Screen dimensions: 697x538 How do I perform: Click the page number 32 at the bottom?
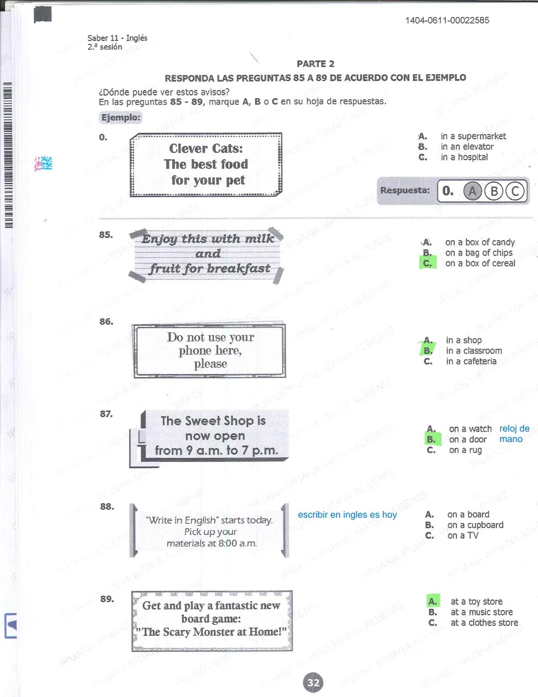tap(313, 683)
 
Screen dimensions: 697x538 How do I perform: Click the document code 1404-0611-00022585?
tap(447, 20)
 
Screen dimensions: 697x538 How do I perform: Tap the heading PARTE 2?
tap(315, 64)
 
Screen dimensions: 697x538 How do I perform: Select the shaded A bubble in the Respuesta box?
tap(472, 191)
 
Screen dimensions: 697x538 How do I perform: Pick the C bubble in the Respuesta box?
tap(516, 191)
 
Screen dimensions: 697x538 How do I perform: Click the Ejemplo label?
tap(121, 118)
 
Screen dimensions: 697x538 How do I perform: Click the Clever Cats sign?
tap(206, 165)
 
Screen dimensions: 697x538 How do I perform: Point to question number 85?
tap(106, 234)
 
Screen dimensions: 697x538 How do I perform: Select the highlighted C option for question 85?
tap(427, 263)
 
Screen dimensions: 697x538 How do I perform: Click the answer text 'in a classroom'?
tap(474, 351)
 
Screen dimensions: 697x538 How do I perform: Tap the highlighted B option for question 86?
tap(428, 351)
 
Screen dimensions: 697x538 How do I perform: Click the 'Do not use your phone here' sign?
tap(210, 351)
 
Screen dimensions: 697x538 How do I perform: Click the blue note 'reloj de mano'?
tap(514, 434)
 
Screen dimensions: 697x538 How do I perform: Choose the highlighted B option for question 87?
tap(431, 440)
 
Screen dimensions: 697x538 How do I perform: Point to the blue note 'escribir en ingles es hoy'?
tap(347, 514)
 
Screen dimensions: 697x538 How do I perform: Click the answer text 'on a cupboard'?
tap(475, 525)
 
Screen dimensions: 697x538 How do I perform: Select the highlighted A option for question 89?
tap(433, 602)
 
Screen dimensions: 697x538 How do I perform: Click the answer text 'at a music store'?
tap(481, 612)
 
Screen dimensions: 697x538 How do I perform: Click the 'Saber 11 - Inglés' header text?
tap(117, 38)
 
